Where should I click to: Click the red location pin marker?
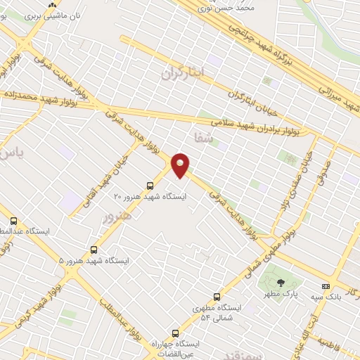pos(181,165)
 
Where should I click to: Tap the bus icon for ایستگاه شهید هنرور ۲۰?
pos(150,186)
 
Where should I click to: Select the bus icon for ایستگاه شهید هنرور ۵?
pos(94,249)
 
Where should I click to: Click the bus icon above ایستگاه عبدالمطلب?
pos(14,220)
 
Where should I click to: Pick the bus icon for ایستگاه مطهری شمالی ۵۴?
pos(216,297)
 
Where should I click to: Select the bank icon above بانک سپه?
pos(326,286)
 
